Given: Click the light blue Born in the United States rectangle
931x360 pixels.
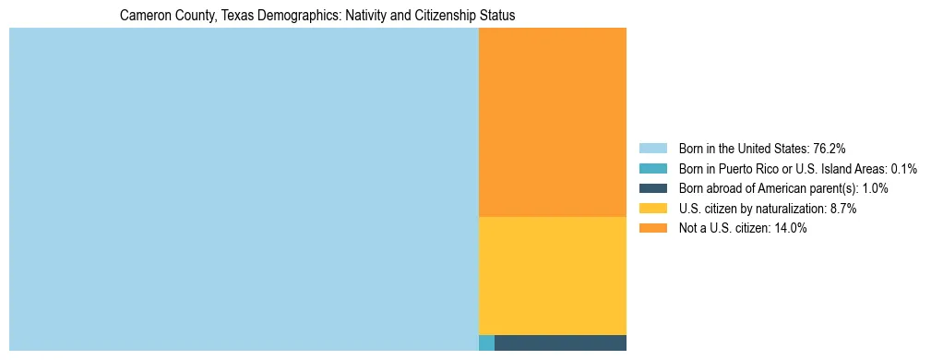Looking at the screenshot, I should pyautogui.click(x=244, y=189).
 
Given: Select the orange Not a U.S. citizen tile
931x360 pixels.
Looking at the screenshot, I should pyautogui.click(x=552, y=122).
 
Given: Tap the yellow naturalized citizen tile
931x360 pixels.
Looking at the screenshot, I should pyautogui.click(x=552, y=275).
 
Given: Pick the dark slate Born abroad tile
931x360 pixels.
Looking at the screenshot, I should pyautogui.click(x=560, y=343).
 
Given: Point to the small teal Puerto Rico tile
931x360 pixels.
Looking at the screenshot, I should pyautogui.click(x=486, y=343).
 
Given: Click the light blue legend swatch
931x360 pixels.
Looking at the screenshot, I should pyautogui.click(x=652, y=149).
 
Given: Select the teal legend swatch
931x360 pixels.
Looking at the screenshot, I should pyautogui.click(x=652, y=169).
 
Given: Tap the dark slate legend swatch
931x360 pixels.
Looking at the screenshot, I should pyautogui.click(x=652, y=188).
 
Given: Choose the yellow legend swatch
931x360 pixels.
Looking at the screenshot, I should pyautogui.click(x=652, y=209).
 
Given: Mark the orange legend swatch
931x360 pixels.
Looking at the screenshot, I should pyautogui.click(x=652, y=229).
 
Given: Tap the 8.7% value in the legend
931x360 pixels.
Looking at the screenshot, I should pyautogui.click(x=841, y=209).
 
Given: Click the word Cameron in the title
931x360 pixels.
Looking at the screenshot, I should pyautogui.click(x=146, y=16).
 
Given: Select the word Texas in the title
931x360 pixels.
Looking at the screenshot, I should pyautogui.click(x=239, y=16).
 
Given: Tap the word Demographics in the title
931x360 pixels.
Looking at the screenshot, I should pyautogui.click(x=294, y=16).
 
